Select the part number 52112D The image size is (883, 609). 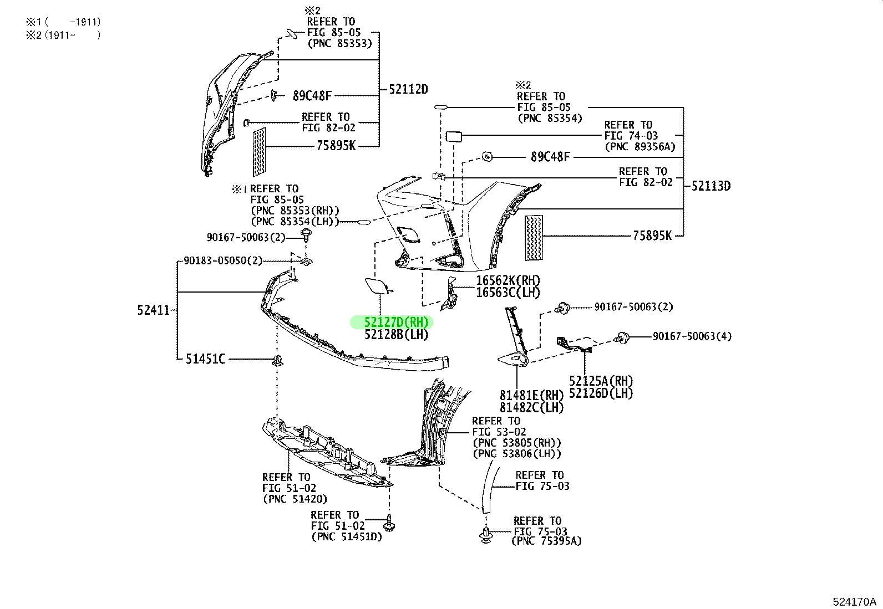point(408,90)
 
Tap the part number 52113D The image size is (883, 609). point(711,186)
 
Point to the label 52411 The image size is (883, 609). point(154,310)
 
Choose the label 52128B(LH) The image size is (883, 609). point(396,335)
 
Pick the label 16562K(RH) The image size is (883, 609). point(508,281)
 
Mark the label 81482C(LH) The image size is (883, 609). point(531,407)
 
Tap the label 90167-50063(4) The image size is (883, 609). point(692,336)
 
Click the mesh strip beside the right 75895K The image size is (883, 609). point(534,237)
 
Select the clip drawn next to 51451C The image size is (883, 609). point(277,361)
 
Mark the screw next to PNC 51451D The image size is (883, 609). point(389,524)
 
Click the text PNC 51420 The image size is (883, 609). point(295,499)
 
